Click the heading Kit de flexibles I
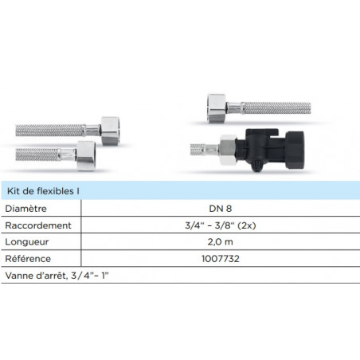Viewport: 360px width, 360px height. [x=43, y=191]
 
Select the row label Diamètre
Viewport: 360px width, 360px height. [x=25, y=209]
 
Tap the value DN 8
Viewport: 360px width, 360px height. [x=221, y=209]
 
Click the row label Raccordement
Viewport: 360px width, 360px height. [x=38, y=225]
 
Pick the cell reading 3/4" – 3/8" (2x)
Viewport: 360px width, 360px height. [x=221, y=225]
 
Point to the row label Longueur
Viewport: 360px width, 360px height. [x=27, y=242]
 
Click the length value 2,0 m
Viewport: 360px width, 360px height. [x=221, y=242]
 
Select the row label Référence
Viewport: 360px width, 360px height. [x=28, y=259]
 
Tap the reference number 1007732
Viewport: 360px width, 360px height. [x=221, y=259]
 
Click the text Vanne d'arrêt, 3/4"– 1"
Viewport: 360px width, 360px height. [x=57, y=276]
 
